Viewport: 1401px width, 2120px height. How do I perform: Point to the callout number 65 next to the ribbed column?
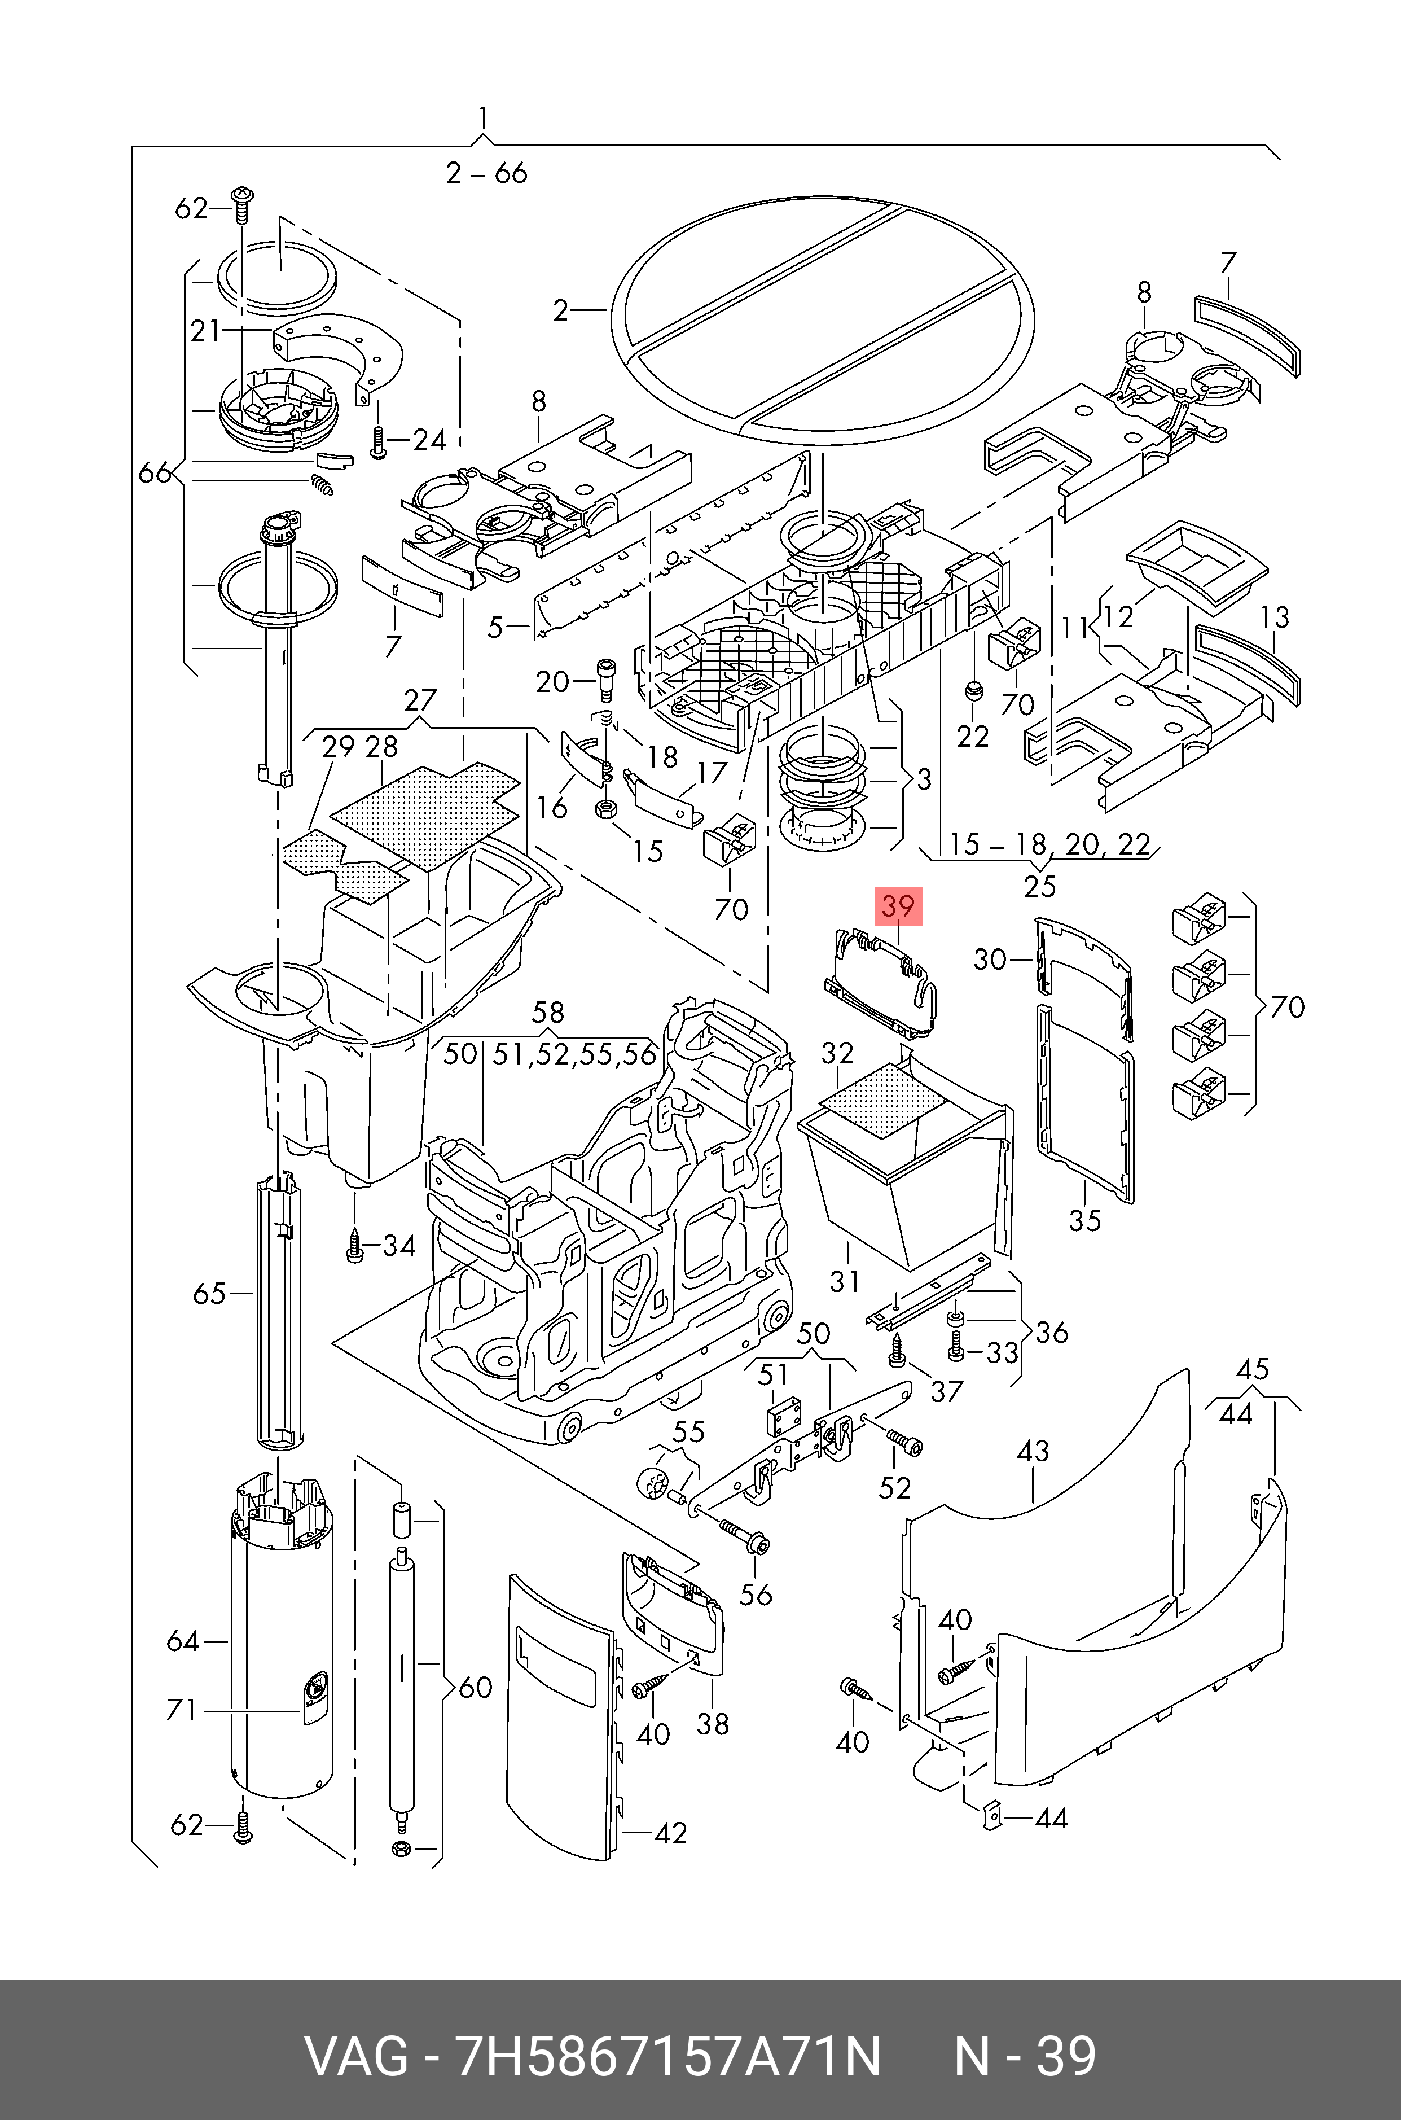(x=209, y=1293)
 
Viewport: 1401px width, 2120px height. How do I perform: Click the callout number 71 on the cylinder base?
(x=181, y=1710)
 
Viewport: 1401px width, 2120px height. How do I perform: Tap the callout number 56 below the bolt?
(x=756, y=1595)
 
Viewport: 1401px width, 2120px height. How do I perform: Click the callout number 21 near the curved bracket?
(x=205, y=331)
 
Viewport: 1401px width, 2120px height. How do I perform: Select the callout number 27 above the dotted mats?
(x=420, y=700)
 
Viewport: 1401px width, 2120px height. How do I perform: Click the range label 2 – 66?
(x=487, y=173)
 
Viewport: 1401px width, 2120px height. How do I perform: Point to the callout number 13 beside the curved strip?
(x=1275, y=617)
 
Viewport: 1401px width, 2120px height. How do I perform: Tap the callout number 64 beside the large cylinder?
(x=183, y=1641)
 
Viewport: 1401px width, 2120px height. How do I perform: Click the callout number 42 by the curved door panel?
(x=670, y=1833)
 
